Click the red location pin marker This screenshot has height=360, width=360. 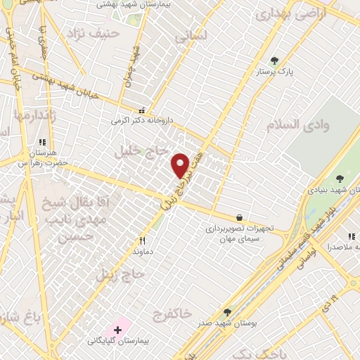point(181,165)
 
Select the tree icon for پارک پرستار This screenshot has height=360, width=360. point(274,60)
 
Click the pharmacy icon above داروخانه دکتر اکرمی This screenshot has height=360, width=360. point(142,110)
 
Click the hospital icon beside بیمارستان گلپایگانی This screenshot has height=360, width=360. point(117,329)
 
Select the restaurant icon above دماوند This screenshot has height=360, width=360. point(142,239)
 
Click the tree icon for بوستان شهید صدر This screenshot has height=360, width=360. point(226,311)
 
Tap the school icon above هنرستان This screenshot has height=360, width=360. point(41,141)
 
